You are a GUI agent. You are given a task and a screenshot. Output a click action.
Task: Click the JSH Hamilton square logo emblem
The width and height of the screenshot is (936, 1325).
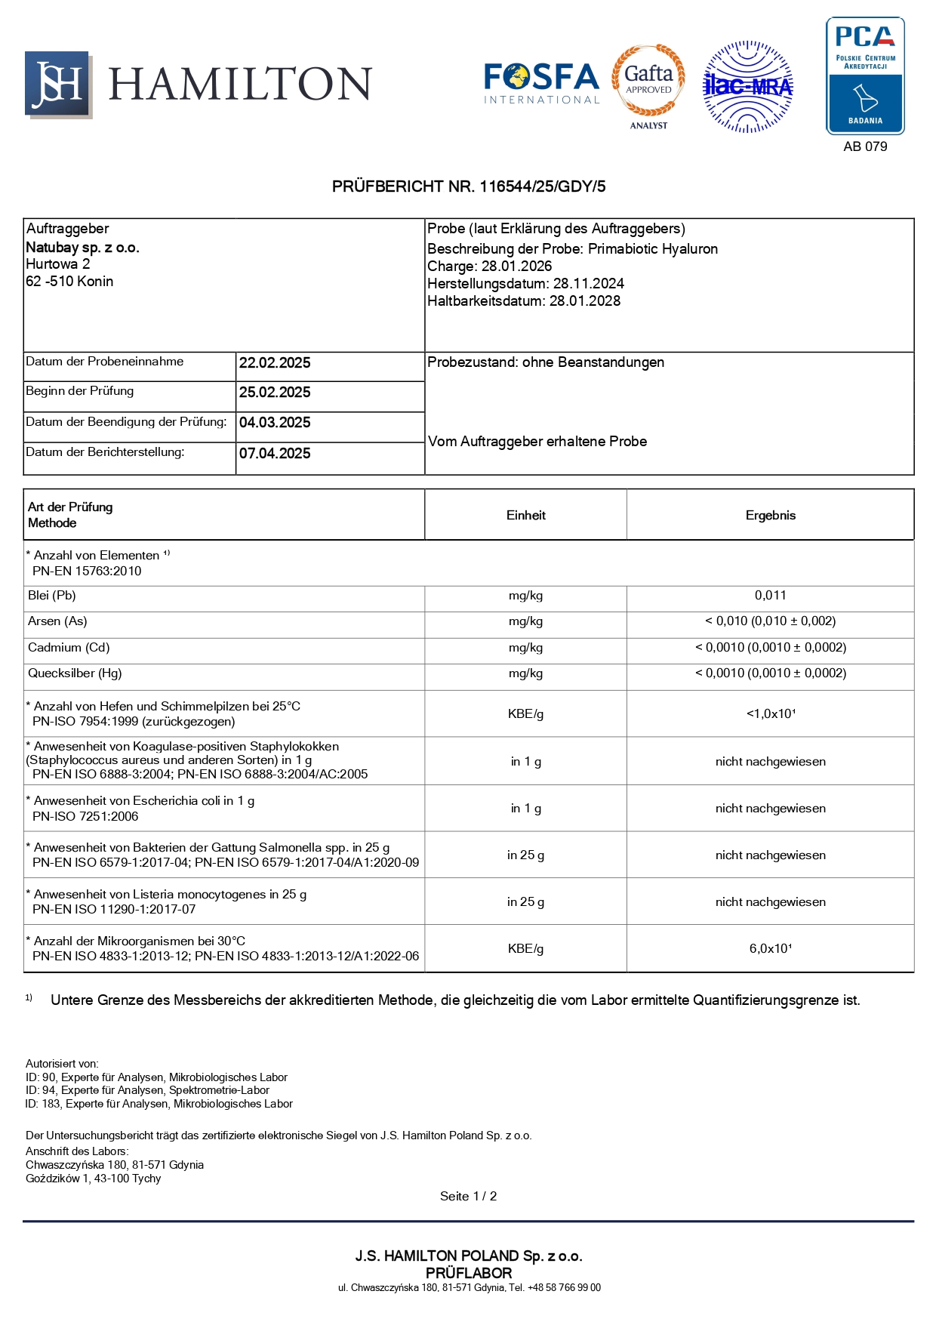pos(58,84)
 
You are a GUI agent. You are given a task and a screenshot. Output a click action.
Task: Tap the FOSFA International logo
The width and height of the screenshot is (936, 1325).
pos(541,83)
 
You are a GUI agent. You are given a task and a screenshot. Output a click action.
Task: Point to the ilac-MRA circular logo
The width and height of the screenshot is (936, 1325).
pos(747,87)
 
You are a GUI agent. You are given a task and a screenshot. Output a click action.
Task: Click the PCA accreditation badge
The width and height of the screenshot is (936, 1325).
pos(865,75)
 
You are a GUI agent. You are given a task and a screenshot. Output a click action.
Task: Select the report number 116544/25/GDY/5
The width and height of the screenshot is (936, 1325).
pos(542,186)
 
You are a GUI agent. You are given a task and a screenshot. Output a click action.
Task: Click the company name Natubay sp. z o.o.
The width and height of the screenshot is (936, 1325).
pos(82,248)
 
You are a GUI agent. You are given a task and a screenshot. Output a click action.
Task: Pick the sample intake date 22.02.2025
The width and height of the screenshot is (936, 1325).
pos(275,363)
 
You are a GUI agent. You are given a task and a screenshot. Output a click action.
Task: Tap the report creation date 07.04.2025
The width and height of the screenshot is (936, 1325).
pos(275,454)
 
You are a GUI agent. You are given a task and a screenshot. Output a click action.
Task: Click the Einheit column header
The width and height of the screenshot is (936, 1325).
pos(525,516)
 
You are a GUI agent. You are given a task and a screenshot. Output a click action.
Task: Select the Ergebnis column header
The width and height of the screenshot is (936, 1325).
pos(770,516)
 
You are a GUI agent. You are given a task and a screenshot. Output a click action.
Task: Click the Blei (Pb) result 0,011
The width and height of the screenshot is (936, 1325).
pos(770,596)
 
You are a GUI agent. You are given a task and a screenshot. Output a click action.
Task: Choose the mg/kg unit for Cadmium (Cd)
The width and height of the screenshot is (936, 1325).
pos(525,648)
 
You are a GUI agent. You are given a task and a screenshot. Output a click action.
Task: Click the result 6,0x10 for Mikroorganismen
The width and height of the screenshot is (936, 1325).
pos(770,949)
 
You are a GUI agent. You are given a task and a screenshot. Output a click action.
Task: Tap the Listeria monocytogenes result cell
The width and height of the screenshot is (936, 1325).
pos(770,902)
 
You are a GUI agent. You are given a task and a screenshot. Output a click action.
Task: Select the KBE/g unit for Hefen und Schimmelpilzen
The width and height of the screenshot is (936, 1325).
pos(525,714)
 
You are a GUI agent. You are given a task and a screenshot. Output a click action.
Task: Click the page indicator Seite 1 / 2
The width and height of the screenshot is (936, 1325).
pos(468,1197)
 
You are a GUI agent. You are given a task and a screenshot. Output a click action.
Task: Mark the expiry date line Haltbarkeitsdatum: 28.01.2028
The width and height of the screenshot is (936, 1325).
pos(524,301)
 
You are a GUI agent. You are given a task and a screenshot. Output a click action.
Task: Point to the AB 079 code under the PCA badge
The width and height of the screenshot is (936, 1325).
pos(865,146)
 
